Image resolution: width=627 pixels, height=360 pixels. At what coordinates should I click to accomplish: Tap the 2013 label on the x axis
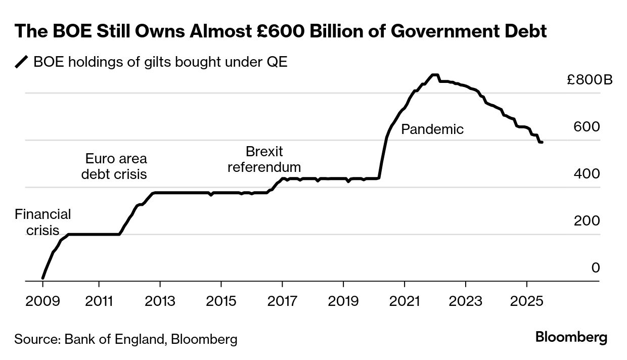[160, 301]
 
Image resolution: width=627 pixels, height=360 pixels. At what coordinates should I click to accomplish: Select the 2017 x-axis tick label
[282, 301]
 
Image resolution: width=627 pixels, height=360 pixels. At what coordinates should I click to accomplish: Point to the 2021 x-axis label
[405, 301]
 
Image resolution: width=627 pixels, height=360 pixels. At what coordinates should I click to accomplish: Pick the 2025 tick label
[526, 301]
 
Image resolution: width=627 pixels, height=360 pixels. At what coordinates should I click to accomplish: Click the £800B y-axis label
[589, 80]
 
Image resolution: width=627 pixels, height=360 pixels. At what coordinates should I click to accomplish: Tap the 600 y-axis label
[587, 127]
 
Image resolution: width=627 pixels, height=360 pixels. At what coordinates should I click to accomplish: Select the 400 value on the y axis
[587, 174]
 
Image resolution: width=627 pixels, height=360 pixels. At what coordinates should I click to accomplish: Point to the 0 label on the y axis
[596, 267]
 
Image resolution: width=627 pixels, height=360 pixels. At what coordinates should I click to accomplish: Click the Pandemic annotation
[432, 129]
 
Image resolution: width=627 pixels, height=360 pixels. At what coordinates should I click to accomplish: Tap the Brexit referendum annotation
[264, 159]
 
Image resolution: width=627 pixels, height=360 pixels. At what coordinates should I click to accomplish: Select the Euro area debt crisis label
[116, 166]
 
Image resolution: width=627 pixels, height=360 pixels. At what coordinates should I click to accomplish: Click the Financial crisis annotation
[42, 222]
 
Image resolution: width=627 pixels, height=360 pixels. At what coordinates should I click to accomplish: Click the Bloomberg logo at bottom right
[571, 337]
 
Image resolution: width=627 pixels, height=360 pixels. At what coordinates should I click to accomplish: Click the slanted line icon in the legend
[22, 62]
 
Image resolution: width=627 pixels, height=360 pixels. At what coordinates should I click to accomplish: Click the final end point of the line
[542, 143]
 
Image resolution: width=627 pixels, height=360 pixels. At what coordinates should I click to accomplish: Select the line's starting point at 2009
[42, 278]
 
